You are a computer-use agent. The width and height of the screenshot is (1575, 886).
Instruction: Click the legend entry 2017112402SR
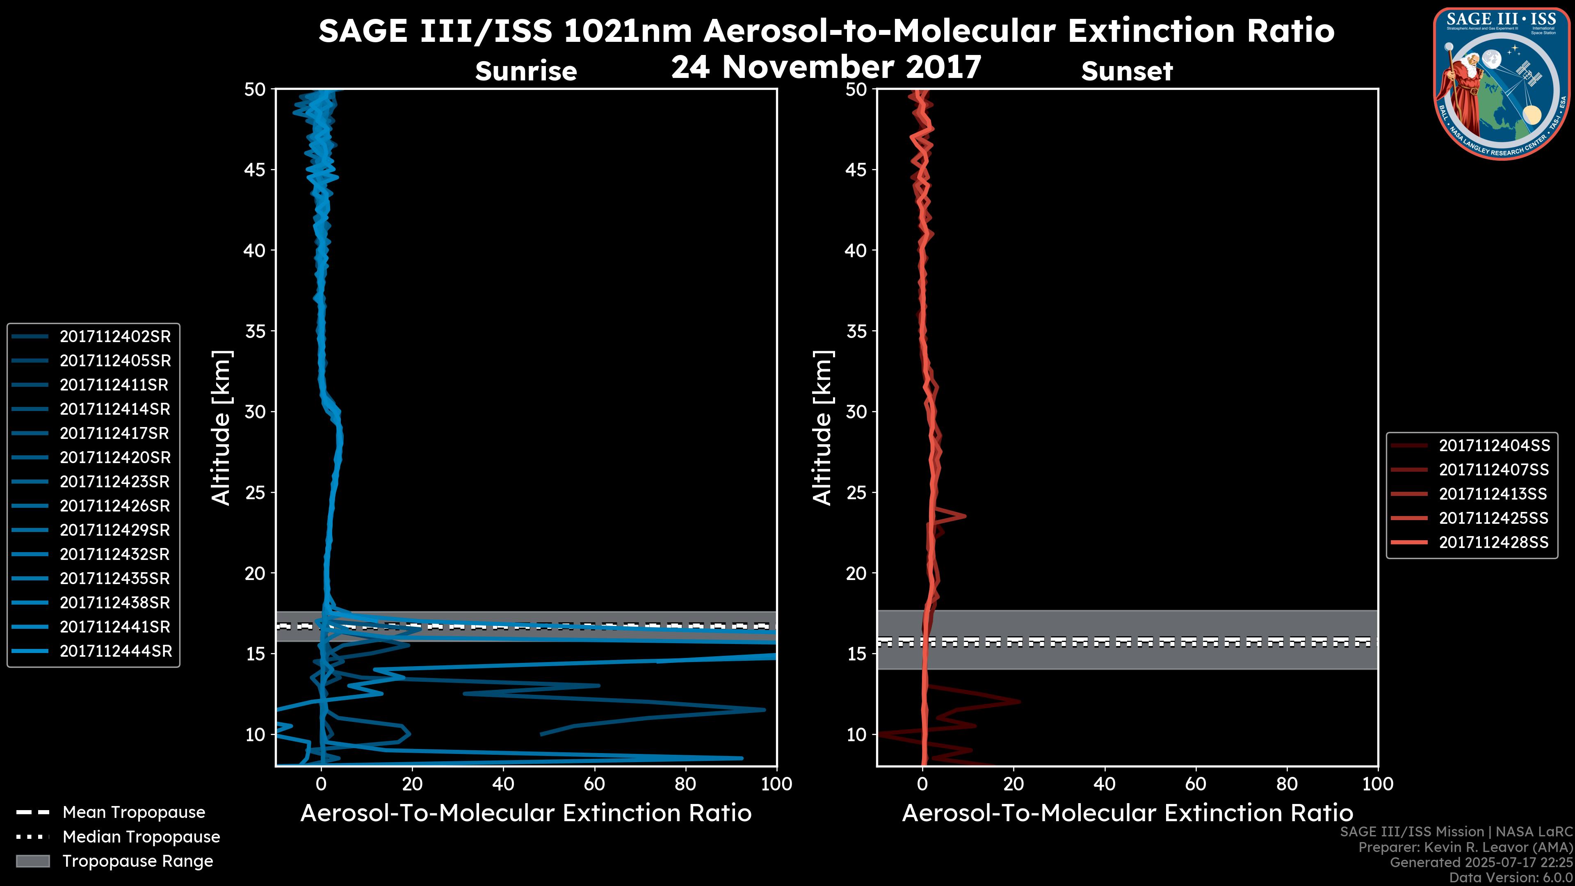click(x=115, y=336)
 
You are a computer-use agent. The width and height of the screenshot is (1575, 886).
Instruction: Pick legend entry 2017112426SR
click(x=115, y=506)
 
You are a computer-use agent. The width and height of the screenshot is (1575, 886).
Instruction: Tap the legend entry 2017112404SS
click(x=1494, y=446)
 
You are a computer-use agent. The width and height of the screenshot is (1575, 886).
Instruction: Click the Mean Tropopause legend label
click(x=134, y=813)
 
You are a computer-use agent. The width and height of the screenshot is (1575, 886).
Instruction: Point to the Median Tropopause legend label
click(x=141, y=837)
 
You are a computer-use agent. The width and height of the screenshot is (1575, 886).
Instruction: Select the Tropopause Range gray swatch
click(x=33, y=861)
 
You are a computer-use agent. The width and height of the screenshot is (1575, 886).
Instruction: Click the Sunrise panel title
click(x=526, y=71)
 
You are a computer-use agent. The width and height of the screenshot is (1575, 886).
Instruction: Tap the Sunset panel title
click(x=1127, y=71)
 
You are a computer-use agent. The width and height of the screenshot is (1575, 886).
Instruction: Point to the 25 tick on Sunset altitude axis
click(x=856, y=493)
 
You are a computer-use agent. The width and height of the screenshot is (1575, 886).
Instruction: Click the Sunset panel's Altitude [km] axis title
click(x=822, y=428)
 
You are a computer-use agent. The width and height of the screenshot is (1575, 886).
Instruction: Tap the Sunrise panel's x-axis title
click(x=526, y=813)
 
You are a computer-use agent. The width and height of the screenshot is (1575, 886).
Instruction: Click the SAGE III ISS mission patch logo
click(x=1500, y=84)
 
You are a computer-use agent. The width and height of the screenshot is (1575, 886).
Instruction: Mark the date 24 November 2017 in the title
click(x=826, y=67)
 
